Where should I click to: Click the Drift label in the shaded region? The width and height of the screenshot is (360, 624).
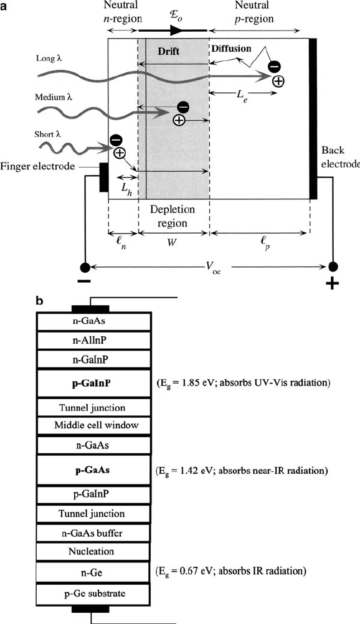[168, 51]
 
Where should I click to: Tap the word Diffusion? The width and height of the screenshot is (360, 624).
[231, 49]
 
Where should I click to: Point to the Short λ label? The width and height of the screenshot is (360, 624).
[48, 134]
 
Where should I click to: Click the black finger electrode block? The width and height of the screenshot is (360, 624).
[103, 177]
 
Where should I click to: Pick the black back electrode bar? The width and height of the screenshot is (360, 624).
[313, 118]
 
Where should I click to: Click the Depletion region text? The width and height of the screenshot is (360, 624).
[173, 216]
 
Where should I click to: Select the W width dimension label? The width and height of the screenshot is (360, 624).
[172, 242]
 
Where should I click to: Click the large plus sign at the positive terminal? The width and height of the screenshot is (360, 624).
[333, 283]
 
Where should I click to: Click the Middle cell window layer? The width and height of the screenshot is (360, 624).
[93, 425]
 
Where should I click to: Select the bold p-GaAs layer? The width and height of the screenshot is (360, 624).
[93, 470]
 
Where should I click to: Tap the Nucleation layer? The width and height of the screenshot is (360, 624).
[93, 552]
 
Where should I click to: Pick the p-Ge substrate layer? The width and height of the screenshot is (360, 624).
[93, 593]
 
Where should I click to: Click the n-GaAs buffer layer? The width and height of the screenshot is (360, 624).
[93, 533]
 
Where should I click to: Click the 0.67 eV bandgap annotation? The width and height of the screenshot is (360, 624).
[231, 572]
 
